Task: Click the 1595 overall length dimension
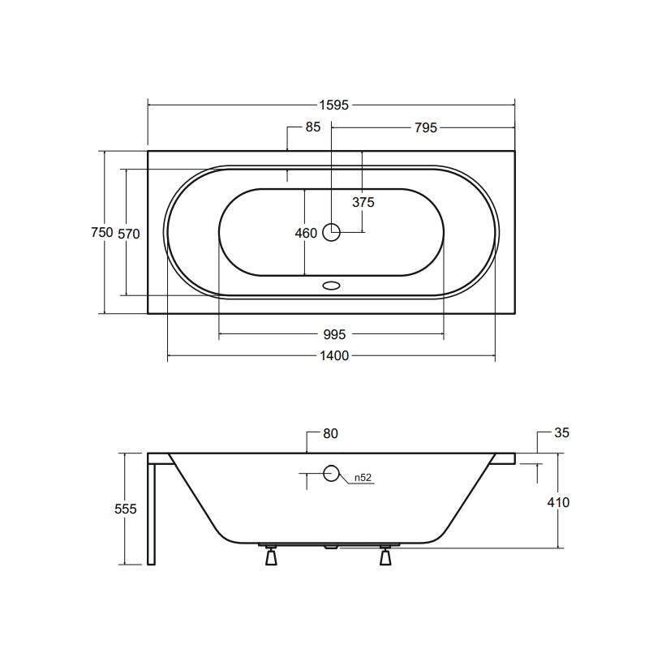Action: coord(333,105)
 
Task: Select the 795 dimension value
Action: coord(425,127)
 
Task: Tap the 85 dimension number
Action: coord(313,127)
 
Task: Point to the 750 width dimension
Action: coord(102,232)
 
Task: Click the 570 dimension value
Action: coord(129,234)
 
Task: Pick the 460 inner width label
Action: coord(306,233)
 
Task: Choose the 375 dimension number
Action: coord(363,202)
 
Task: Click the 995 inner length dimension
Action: coord(334,334)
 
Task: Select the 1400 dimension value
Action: coord(334,355)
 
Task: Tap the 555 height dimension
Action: coord(126,509)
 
